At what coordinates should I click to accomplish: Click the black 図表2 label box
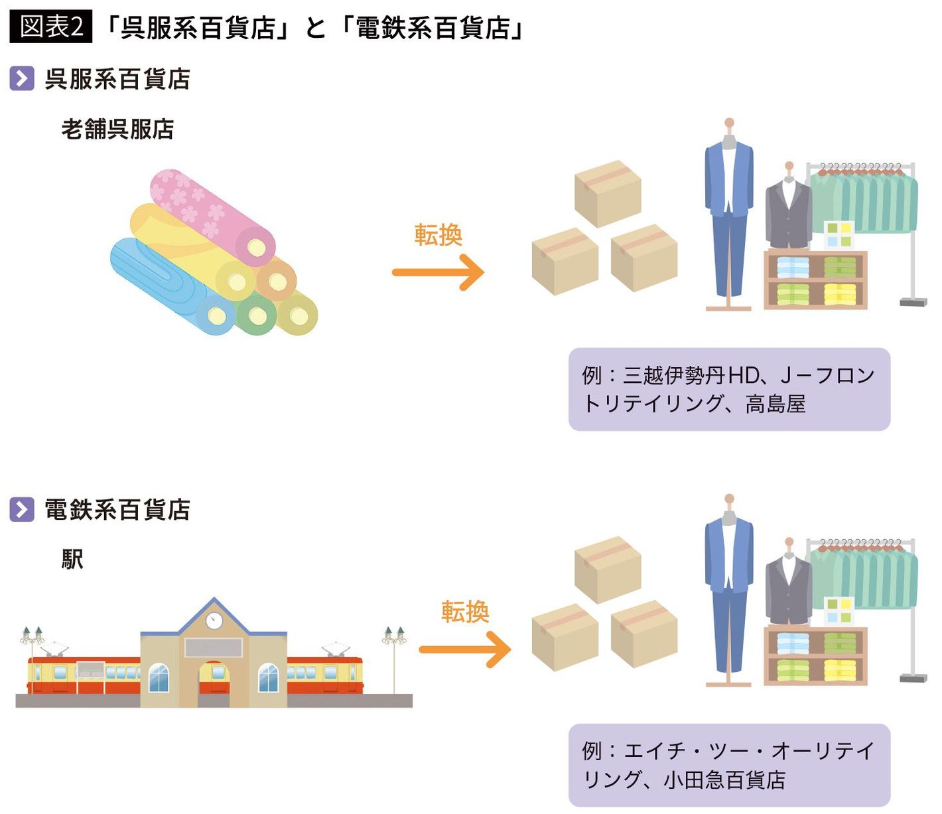click(x=50, y=27)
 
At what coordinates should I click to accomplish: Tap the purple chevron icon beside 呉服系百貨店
click(x=22, y=79)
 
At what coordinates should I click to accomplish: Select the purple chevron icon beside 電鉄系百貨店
click(x=22, y=510)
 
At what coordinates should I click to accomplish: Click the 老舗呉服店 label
click(x=117, y=129)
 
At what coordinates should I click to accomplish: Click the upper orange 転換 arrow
click(x=438, y=272)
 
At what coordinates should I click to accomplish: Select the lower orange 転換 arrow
click(x=465, y=649)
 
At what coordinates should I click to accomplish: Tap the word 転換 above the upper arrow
click(x=438, y=235)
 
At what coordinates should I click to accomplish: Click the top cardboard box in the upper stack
click(x=607, y=193)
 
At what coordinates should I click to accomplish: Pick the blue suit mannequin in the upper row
click(x=728, y=212)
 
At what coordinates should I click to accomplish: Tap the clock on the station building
click(x=214, y=620)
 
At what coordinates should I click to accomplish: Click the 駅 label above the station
click(x=72, y=560)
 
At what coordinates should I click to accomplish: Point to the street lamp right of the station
click(x=394, y=657)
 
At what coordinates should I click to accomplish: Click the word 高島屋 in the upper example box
click(x=775, y=404)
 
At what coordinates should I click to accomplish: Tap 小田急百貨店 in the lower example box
click(x=724, y=779)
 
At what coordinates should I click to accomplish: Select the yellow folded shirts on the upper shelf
click(x=840, y=293)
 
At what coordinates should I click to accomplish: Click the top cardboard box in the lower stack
click(x=607, y=569)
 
